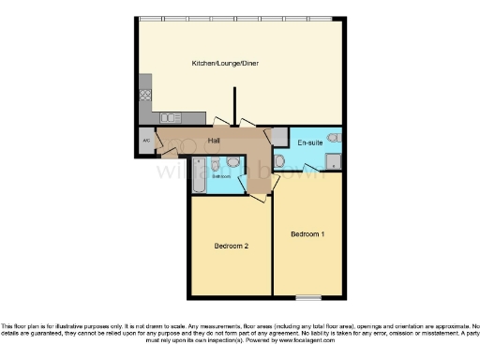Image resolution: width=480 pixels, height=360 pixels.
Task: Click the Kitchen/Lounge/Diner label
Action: tap(225, 64)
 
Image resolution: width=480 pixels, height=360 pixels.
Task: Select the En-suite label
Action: tap(310, 142)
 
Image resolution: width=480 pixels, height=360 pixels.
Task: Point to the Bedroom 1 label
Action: tap(307, 232)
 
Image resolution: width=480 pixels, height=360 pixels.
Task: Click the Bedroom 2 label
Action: tap(231, 246)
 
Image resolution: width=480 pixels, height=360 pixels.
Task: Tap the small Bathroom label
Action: tap(220, 176)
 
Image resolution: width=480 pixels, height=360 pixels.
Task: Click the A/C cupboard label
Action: tap(146, 141)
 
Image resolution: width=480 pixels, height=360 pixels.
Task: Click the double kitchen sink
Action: tap(171, 117)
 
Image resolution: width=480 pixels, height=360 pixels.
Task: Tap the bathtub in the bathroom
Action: tap(197, 175)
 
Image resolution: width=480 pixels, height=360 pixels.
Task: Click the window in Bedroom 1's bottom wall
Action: tap(307, 296)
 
